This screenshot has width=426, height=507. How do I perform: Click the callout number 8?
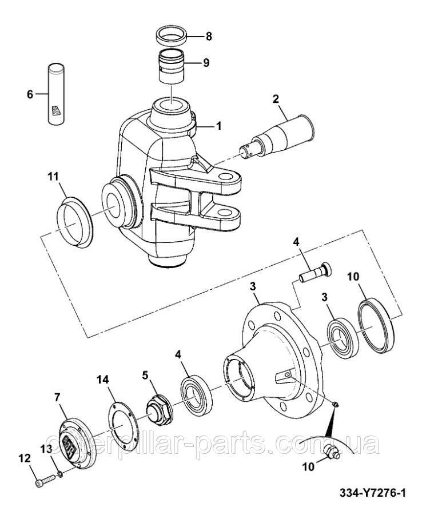[x=209, y=37]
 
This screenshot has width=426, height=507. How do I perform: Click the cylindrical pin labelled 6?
[x=57, y=94]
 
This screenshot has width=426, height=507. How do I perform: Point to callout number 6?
[x=30, y=94]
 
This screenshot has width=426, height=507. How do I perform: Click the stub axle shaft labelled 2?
[x=277, y=136]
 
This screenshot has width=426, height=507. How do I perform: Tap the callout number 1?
[x=219, y=126]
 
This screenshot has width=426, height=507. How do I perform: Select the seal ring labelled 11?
[x=75, y=222]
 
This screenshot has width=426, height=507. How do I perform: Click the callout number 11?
[x=53, y=177]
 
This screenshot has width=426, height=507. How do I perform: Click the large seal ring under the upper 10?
[x=376, y=325]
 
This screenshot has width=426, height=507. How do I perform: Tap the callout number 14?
[x=102, y=380]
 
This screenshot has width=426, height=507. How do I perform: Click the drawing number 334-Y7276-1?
[x=372, y=493]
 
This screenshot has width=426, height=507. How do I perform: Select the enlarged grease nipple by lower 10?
[x=331, y=450]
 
